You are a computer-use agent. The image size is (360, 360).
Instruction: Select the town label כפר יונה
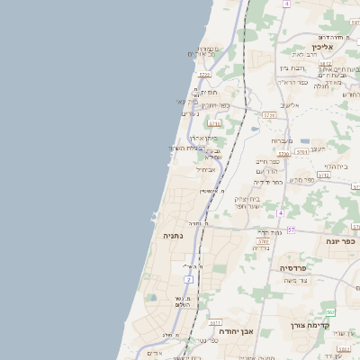342,241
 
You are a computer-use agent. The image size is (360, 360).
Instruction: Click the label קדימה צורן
310,325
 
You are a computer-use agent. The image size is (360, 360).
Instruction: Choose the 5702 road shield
262,241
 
